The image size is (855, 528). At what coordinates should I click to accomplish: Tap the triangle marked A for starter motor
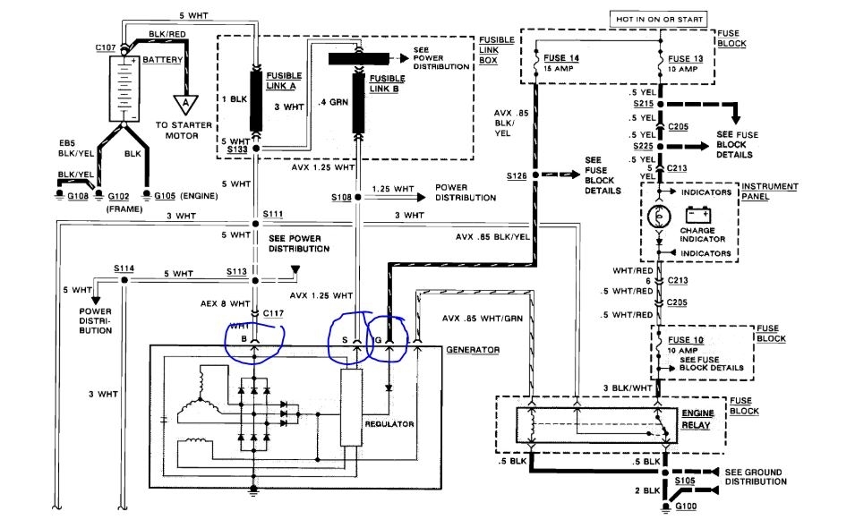point(188,104)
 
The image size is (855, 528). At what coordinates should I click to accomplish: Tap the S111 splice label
point(272,216)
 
